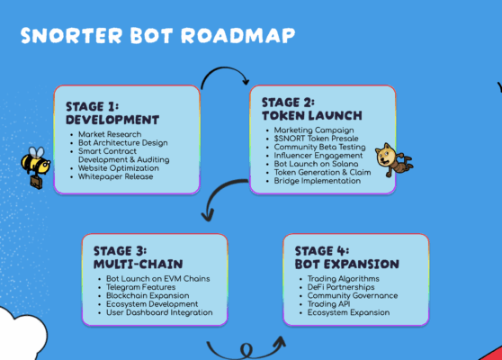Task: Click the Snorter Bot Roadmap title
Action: point(157,37)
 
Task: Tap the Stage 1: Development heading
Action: point(112,112)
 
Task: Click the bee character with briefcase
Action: point(37,167)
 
